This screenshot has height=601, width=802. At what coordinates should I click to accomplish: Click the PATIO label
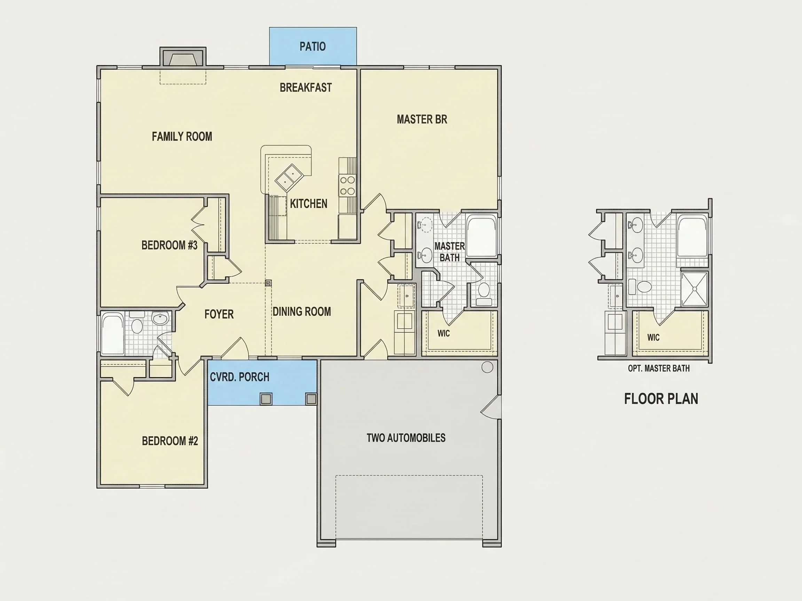(x=313, y=46)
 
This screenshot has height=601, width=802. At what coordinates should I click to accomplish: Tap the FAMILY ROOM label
(x=182, y=137)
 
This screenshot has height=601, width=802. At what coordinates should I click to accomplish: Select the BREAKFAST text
(x=306, y=88)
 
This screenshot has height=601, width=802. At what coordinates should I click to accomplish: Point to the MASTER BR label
(x=422, y=119)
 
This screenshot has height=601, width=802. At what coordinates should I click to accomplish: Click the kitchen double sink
(x=289, y=178)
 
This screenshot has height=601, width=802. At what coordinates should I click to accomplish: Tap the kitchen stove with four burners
(x=347, y=185)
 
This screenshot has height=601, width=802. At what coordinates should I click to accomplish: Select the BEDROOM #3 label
(x=169, y=245)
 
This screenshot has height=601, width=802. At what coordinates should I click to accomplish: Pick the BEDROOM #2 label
(x=170, y=441)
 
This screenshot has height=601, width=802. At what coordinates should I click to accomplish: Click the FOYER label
(x=219, y=314)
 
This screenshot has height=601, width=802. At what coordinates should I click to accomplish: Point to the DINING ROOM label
(x=302, y=312)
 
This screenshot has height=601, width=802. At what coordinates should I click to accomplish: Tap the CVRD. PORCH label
(x=239, y=377)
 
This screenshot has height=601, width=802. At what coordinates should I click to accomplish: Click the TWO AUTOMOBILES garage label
(x=406, y=438)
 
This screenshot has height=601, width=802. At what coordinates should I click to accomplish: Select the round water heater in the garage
(x=487, y=367)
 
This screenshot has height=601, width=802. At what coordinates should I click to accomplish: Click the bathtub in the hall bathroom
(x=113, y=334)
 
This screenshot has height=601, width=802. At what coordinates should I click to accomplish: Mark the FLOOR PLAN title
(x=661, y=399)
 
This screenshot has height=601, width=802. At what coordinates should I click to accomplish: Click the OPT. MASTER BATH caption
(x=659, y=368)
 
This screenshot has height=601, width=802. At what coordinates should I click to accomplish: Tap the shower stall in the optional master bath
(x=694, y=289)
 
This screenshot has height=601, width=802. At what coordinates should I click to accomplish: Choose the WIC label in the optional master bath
(x=653, y=337)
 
